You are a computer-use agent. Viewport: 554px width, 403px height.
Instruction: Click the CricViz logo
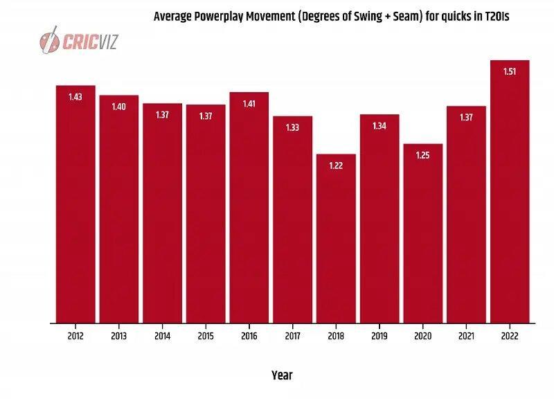click(78, 40)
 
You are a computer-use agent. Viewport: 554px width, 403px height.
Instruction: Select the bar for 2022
click(510, 192)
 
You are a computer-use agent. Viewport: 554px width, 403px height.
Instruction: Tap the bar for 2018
click(336, 239)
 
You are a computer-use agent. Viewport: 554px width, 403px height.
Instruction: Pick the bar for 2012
click(75, 204)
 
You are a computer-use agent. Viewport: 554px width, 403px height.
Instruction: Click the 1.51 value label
click(510, 72)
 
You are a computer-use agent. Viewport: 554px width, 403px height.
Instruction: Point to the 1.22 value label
click(336, 165)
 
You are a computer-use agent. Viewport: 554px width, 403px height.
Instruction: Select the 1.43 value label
click(75, 97)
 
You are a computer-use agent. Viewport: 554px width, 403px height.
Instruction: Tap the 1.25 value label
click(423, 155)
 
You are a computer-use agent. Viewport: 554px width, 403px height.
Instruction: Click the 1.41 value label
click(249, 104)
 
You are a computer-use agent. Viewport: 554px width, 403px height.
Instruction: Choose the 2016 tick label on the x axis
click(249, 336)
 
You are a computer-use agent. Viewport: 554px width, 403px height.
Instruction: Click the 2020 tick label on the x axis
click(423, 336)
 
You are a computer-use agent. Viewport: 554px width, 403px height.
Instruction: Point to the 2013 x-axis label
click(118, 336)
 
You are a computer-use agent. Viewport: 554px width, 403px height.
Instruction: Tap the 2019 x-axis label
click(379, 336)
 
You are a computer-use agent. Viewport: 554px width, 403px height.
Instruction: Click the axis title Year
click(282, 375)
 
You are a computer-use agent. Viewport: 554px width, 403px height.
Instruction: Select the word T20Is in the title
click(497, 16)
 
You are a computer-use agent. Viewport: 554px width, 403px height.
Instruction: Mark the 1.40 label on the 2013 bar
click(118, 107)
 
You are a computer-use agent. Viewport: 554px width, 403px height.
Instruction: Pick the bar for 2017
click(292, 220)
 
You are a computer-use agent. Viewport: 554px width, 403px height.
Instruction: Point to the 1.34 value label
click(379, 126)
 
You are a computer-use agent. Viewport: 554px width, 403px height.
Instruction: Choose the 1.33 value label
click(292, 127)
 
